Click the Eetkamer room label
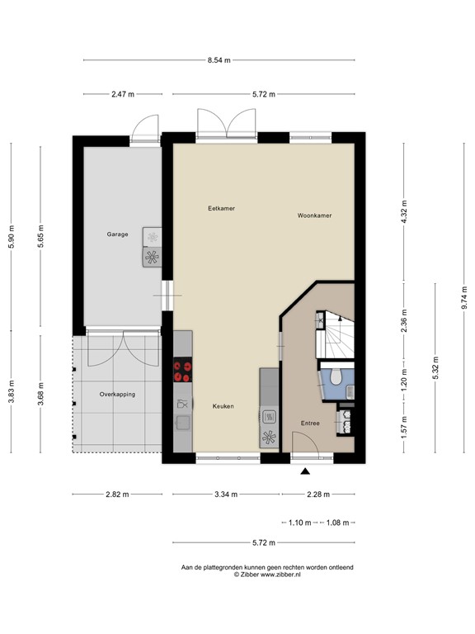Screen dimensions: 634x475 pos(221,209)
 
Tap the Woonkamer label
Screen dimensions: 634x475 pos(314,215)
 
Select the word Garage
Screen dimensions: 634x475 pos(117,234)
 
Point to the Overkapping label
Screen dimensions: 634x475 pos(117,395)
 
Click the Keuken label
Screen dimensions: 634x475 pos(223,406)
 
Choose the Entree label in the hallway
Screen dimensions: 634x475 pos(310,423)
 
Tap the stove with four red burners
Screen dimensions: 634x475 pos(182,372)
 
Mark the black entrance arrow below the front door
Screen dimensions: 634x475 pos(306,471)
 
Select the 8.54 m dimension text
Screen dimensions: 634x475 pos(219,60)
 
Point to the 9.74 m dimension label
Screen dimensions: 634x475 pos(463,296)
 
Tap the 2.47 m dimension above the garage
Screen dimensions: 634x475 pos(122,95)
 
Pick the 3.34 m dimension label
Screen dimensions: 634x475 pos(225,494)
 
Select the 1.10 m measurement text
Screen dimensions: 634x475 pos(301,523)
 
